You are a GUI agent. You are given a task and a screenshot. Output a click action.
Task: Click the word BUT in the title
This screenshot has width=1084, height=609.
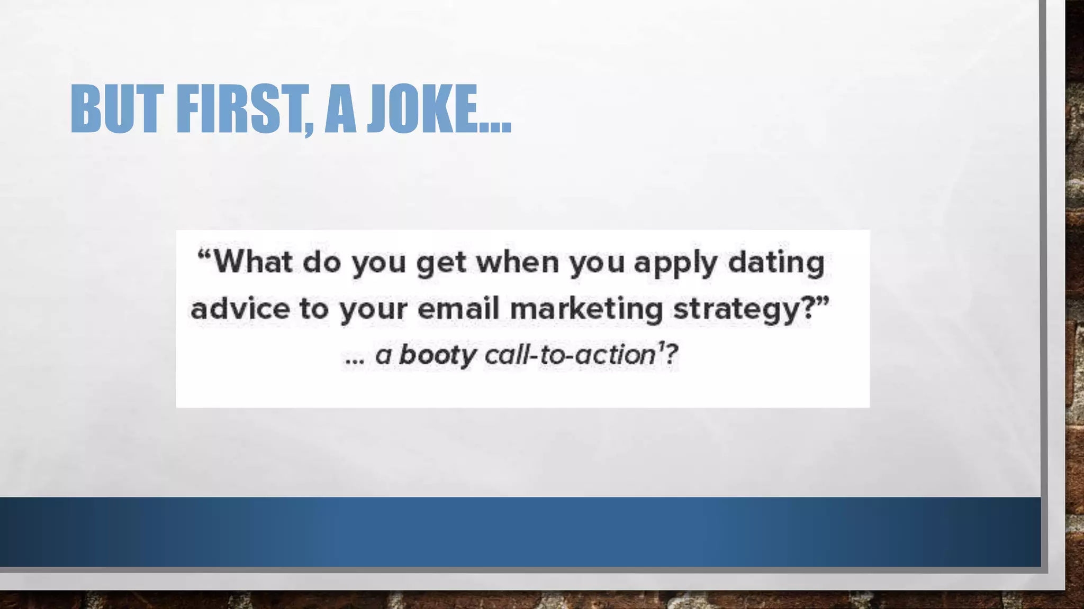tap(114, 109)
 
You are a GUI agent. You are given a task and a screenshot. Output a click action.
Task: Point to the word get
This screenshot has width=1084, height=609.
tap(441, 263)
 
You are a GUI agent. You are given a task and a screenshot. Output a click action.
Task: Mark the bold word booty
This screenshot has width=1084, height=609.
tap(437, 355)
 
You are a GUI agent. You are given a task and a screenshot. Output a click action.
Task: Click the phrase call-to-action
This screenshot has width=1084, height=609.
tap(570, 355)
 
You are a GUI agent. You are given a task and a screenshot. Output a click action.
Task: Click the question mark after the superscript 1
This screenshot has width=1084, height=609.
tap(671, 355)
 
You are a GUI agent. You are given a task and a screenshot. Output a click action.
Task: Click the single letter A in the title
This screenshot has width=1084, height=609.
tap(340, 109)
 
